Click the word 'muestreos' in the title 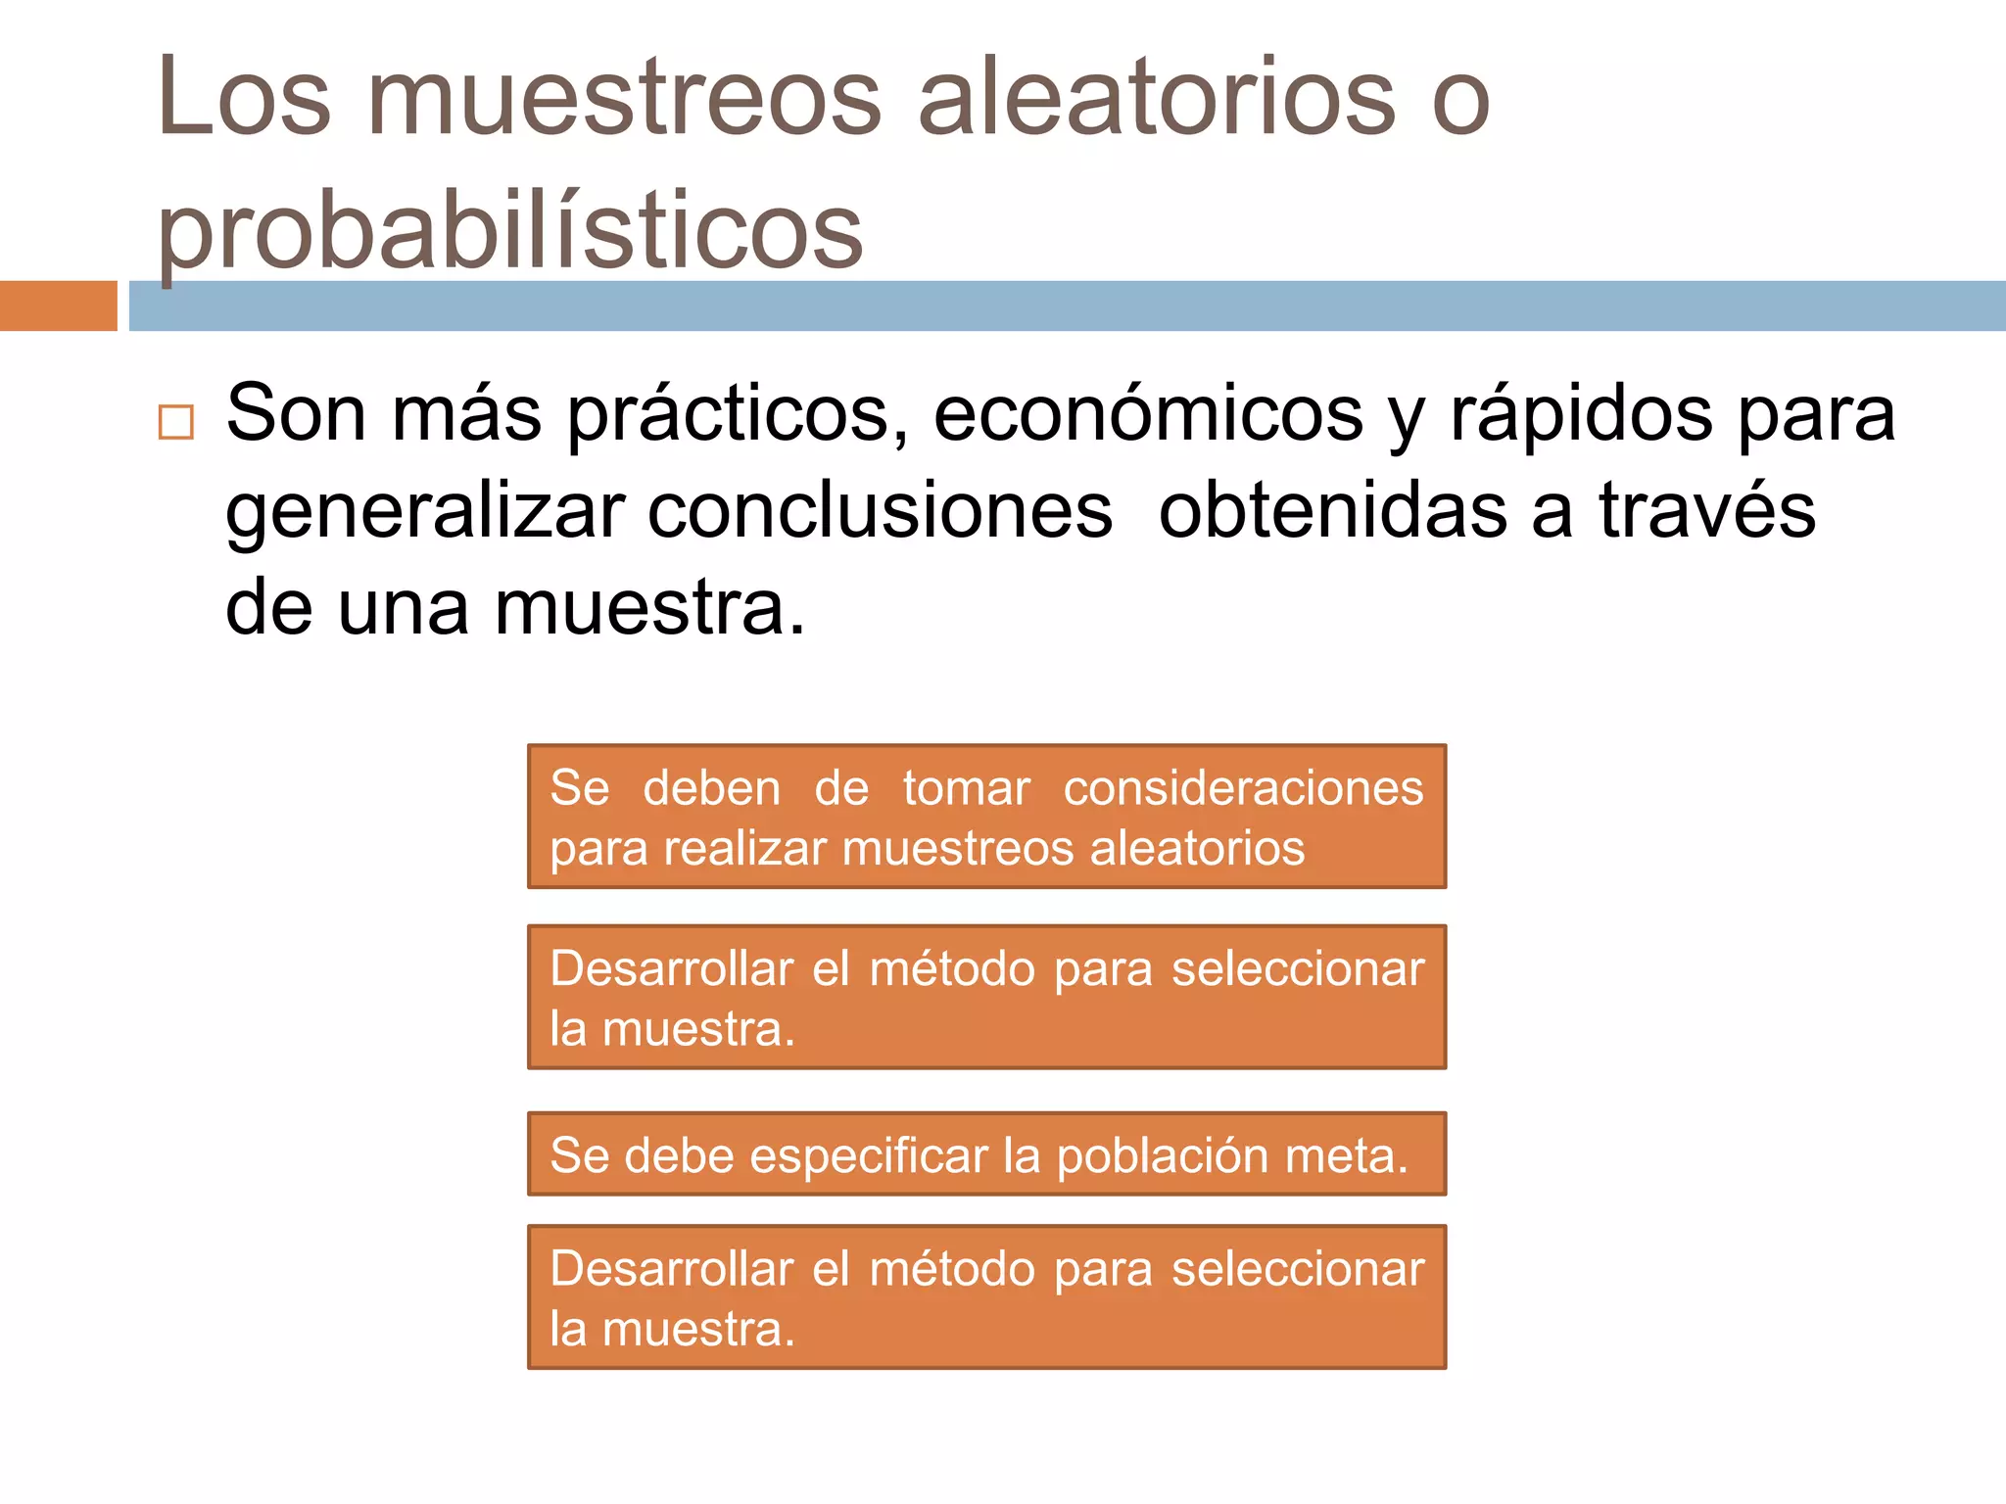tap(624, 98)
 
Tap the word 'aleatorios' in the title tap(1156, 98)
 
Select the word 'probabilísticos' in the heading tap(509, 232)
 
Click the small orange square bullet tap(176, 422)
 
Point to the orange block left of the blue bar tap(58, 305)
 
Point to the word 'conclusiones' tap(880, 512)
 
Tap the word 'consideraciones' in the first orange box tap(1243, 788)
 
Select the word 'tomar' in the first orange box tap(966, 788)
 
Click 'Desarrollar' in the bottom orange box tap(672, 1269)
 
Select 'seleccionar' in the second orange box tap(1298, 969)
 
